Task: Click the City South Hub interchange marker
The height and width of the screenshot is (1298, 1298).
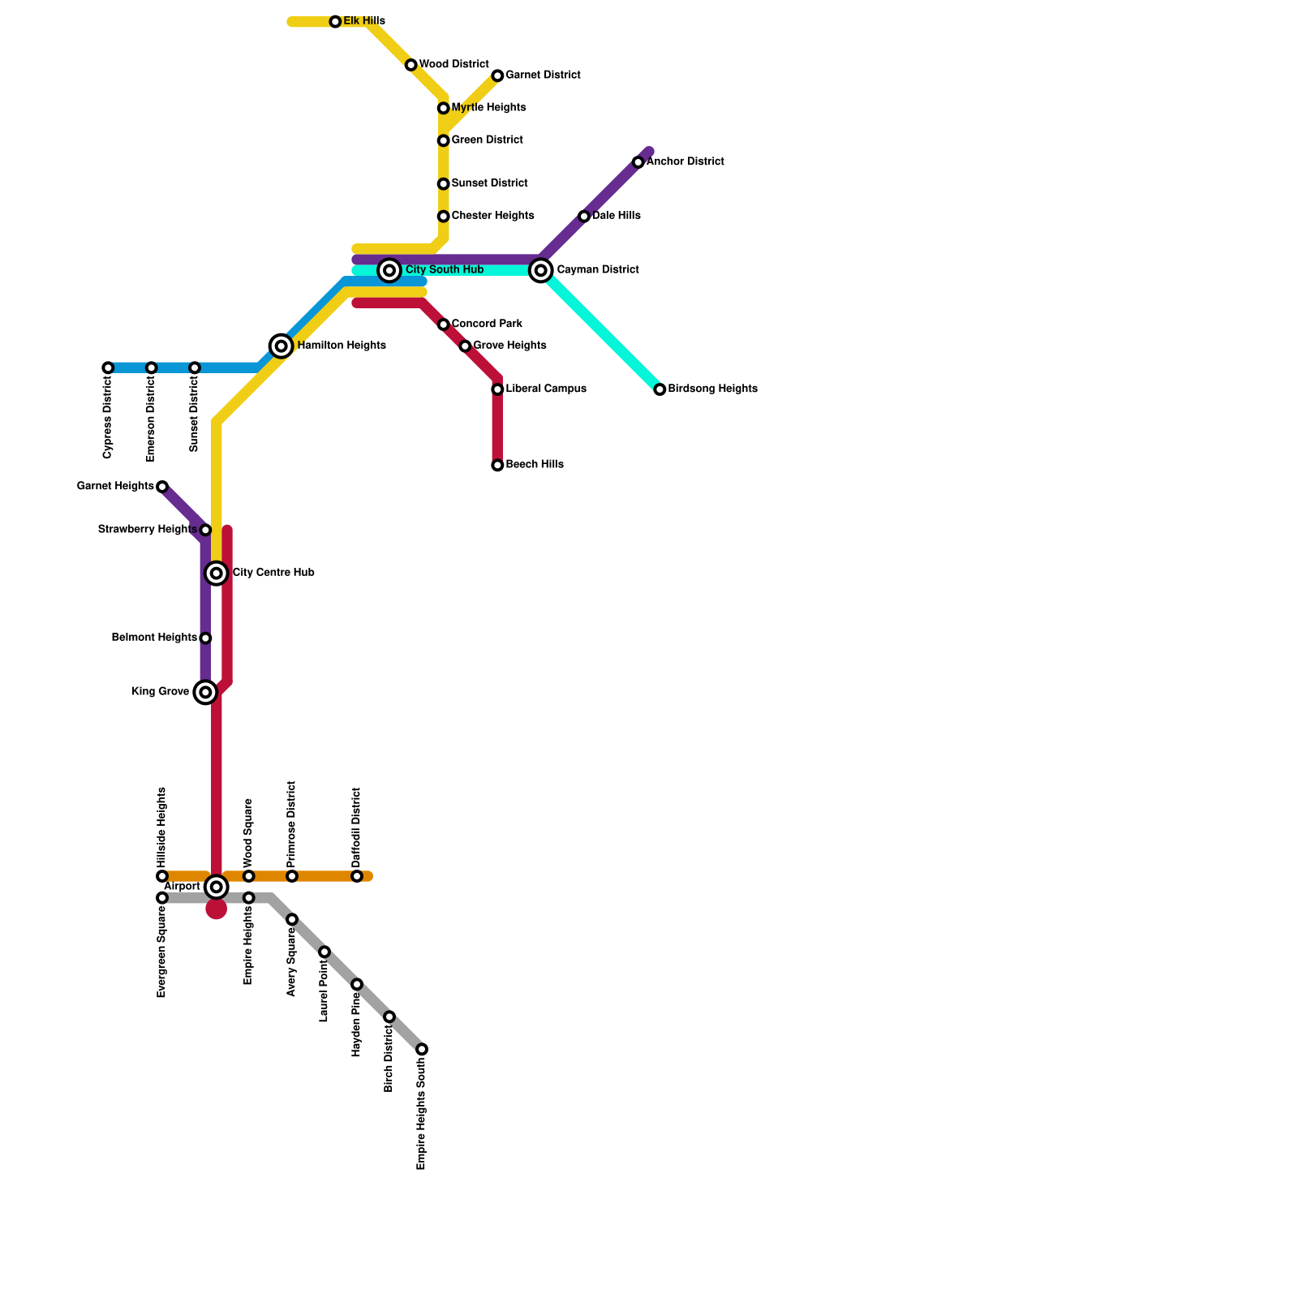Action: (x=389, y=270)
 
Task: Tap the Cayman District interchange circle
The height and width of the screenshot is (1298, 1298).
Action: (x=541, y=270)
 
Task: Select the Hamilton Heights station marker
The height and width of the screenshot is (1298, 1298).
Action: (x=282, y=346)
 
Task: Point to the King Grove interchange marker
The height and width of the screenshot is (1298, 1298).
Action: (x=206, y=692)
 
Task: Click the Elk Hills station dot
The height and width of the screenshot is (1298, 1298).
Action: (x=335, y=22)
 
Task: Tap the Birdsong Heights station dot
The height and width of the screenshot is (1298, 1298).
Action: (x=660, y=389)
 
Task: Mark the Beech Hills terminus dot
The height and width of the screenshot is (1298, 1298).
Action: (x=497, y=465)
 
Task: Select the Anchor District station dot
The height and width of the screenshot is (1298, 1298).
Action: (x=638, y=162)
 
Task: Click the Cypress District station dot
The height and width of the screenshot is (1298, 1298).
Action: (x=108, y=367)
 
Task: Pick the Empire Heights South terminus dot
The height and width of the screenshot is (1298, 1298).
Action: (x=422, y=1049)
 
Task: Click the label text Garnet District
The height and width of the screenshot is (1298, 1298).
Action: (x=543, y=75)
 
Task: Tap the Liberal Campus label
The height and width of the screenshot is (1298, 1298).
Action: (x=545, y=389)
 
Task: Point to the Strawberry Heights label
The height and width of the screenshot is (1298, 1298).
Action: (x=147, y=530)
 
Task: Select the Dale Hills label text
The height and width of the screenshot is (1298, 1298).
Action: (x=616, y=217)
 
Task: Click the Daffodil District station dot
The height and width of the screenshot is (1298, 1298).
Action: (x=357, y=876)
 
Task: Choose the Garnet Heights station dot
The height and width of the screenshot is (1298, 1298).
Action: (x=162, y=487)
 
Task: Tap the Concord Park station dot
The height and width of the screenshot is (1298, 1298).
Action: (x=444, y=324)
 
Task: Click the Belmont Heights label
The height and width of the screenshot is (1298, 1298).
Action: (x=154, y=638)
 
